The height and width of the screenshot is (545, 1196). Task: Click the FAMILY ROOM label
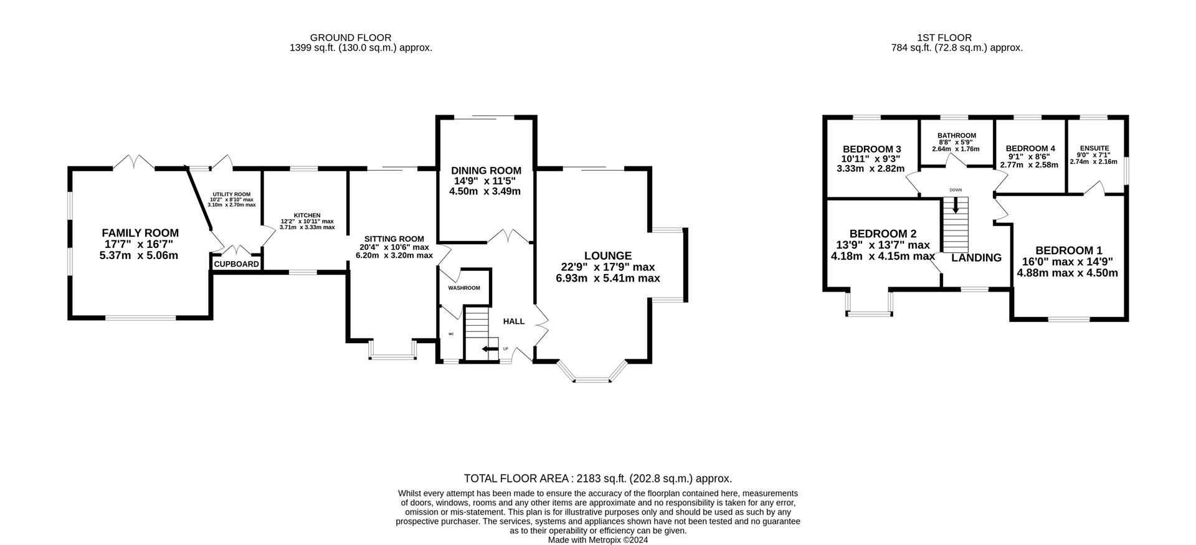click(140, 233)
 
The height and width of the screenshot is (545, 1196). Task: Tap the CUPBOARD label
click(236, 264)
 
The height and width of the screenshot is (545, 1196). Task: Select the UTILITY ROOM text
click(231, 195)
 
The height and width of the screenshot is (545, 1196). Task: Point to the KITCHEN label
click(308, 216)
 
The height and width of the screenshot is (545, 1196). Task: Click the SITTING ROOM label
click(394, 239)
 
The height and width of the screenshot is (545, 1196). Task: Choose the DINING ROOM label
click(486, 171)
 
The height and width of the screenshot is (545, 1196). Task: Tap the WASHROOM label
click(464, 288)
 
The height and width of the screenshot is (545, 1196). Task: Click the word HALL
click(514, 321)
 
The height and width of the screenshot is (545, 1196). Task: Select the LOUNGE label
click(608, 256)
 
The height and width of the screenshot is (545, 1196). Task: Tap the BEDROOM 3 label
click(872, 149)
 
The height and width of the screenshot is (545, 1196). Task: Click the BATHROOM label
click(957, 136)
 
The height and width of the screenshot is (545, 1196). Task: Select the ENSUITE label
click(1094, 148)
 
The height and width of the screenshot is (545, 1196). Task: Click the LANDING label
click(976, 258)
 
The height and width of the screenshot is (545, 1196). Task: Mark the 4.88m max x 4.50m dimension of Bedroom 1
click(1067, 273)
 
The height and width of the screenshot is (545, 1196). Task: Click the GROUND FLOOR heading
click(351, 37)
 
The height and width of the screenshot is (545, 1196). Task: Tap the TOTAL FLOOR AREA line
click(598, 478)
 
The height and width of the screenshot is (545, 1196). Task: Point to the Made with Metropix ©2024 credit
click(598, 540)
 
